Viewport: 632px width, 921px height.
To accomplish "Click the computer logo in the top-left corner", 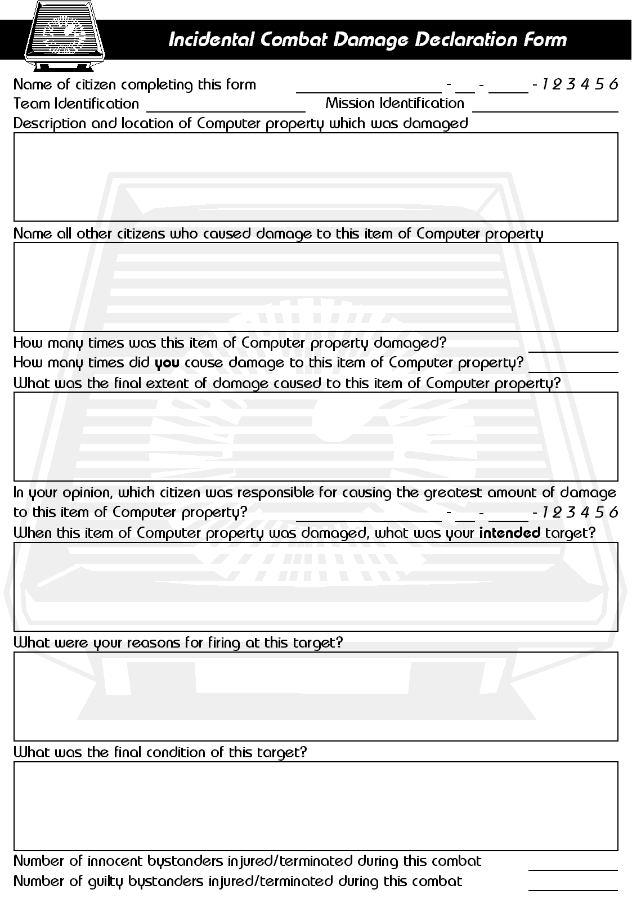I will click(65, 35).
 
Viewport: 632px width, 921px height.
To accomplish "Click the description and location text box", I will click(315, 177).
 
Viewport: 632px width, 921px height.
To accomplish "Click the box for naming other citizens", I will click(315, 286).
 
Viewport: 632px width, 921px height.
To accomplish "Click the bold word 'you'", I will click(167, 363).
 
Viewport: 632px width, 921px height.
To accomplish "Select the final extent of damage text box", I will click(315, 436).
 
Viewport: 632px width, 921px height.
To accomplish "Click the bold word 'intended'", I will click(509, 532).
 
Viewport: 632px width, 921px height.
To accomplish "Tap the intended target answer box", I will click(315, 586).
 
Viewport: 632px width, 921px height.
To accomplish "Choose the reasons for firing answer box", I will click(315, 696).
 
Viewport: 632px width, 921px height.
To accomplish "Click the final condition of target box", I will click(315, 806).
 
